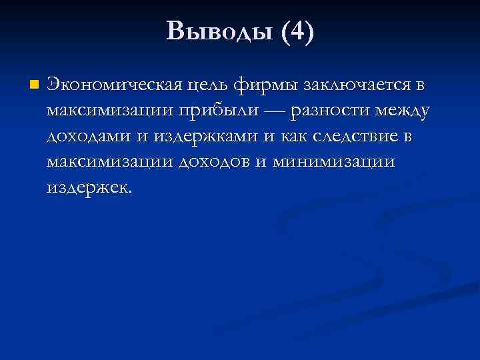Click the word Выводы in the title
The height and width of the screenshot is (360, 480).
(x=220, y=31)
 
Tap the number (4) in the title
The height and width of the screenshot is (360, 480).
(x=297, y=31)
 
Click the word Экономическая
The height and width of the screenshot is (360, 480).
(x=115, y=86)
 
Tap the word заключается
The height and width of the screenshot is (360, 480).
(x=355, y=86)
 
